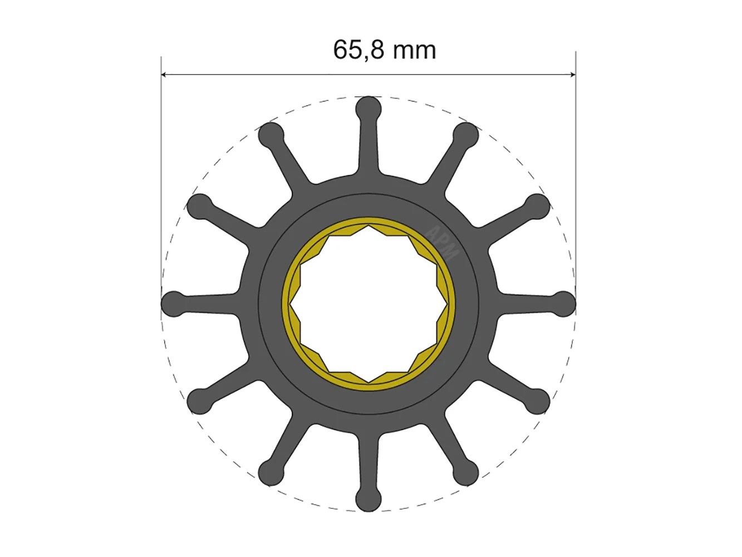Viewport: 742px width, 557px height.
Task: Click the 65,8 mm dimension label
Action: pos(384,50)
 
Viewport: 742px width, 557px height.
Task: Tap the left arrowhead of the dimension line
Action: pos(164,75)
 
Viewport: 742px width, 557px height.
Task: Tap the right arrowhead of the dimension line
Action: pos(573,75)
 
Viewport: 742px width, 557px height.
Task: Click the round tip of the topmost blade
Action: pos(368,109)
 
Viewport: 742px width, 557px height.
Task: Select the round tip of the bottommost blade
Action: pos(368,499)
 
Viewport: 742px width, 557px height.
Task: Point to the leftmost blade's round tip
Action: pos(174,304)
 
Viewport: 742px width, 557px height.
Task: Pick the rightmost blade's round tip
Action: pos(563,304)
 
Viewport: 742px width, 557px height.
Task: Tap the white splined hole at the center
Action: pos(368,304)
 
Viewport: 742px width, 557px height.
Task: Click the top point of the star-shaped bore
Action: pos(368,226)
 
